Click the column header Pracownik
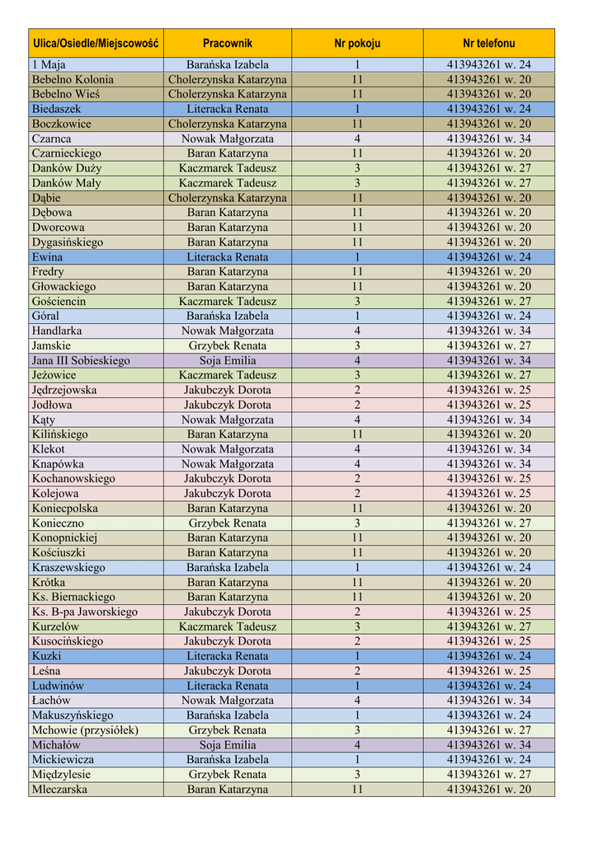click(227, 43)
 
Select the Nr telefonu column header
click(488, 43)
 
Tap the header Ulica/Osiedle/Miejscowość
click(95, 43)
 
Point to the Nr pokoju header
click(357, 43)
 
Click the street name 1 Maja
click(49, 65)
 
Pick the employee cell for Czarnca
click(227, 138)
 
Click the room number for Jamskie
click(357, 345)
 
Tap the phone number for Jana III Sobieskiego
click(488, 360)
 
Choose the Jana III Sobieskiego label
click(81, 360)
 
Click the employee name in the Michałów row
click(227, 744)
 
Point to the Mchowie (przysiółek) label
click(85, 729)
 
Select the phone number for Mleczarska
click(488, 789)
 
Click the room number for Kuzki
click(357, 656)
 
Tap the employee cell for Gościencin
click(227, 301)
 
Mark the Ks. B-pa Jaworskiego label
click(85, 612)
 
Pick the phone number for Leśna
click(488, 671)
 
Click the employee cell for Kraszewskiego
click(227, 567)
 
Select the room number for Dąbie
click(357, 198)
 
